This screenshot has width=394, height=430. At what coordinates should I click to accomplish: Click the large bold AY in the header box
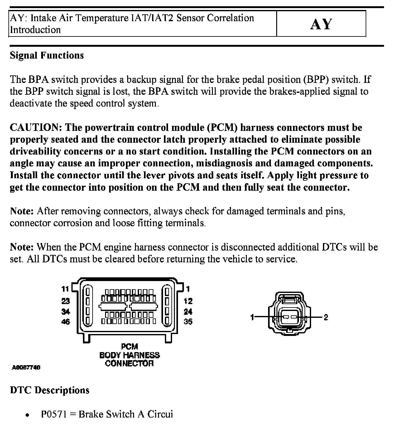click(321, 24)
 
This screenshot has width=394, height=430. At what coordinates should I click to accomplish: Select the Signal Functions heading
click(47, 55)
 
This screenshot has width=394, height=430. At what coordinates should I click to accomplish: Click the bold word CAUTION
click(36, 127)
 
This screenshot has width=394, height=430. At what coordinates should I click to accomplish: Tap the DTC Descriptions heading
click(50, 390)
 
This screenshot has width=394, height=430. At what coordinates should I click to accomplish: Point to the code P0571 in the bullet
click(54, 414)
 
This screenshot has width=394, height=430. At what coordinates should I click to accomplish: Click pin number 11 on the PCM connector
click(65, 289)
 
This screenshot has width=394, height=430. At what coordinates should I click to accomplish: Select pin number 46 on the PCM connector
click(65, 321)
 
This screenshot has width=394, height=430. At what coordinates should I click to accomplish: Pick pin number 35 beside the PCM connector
click(188, 321)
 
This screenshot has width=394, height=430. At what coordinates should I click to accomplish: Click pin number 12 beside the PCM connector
click(188, 301)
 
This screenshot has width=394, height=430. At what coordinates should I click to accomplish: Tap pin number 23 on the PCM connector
click(65, 301)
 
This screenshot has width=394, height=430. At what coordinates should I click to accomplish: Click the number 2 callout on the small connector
click(326, 317)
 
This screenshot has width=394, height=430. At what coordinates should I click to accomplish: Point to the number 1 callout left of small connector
click(252, 317)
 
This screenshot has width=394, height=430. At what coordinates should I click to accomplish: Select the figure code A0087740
click(26, 368)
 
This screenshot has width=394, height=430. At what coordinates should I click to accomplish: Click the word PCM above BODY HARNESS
click(129, 346)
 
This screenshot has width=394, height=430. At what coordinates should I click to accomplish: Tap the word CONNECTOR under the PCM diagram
click(129, 363)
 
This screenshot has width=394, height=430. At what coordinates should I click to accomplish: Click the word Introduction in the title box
click(35, 30)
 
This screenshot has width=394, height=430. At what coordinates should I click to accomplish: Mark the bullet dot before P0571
click(28, 415)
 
